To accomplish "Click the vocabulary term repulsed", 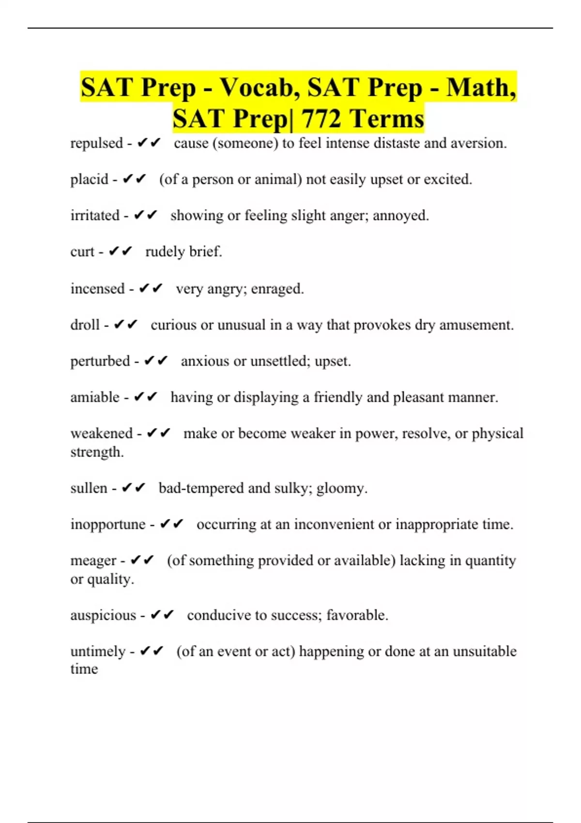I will click(96, 143).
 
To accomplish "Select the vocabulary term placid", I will click(89, 180).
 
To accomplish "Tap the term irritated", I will click(95, 215).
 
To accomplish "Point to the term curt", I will click(82, 252).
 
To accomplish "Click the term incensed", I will click(97, 289).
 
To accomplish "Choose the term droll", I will click(85, 325).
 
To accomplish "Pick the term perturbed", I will click(100, 361).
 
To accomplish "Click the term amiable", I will click(95, 397).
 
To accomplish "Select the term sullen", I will click(89, 488).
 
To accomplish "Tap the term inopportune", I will click(108, 524).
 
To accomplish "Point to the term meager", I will click(93, 561).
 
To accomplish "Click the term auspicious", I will click(103, 615).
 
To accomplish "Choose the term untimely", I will click(98, 652).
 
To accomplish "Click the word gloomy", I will click(341, 488).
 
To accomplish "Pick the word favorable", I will click(357, 615).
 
